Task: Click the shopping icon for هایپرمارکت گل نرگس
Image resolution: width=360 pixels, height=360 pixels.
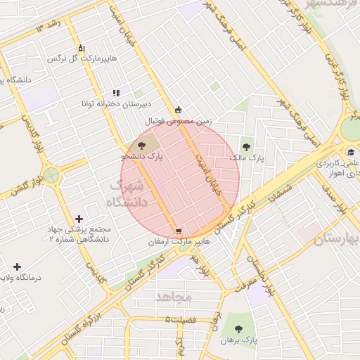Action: (x=82, y=48)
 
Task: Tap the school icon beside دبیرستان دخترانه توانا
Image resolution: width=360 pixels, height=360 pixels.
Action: (x=116, y=93)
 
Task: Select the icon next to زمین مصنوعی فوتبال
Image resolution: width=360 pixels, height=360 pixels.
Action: (x=179, y=110)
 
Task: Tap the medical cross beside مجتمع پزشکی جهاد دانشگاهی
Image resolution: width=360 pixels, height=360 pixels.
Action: (x=78, y=219)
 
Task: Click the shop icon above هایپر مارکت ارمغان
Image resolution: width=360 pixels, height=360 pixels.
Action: (x=179, y=231)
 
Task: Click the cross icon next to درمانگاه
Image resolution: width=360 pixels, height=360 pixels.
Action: (x=18, y=266)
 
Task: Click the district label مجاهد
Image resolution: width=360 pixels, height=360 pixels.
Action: (x=174, y=297)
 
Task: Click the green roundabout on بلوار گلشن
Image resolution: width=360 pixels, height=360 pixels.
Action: (x=51, y=174)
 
